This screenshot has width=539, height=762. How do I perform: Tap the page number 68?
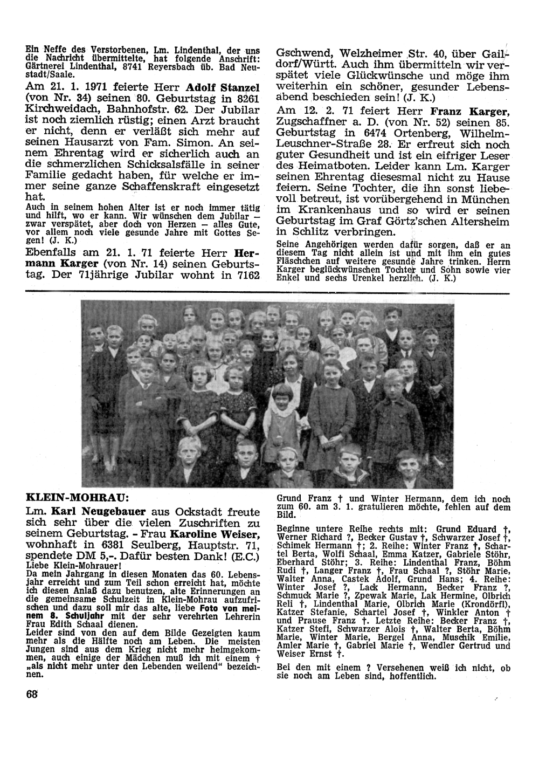point(32,694)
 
